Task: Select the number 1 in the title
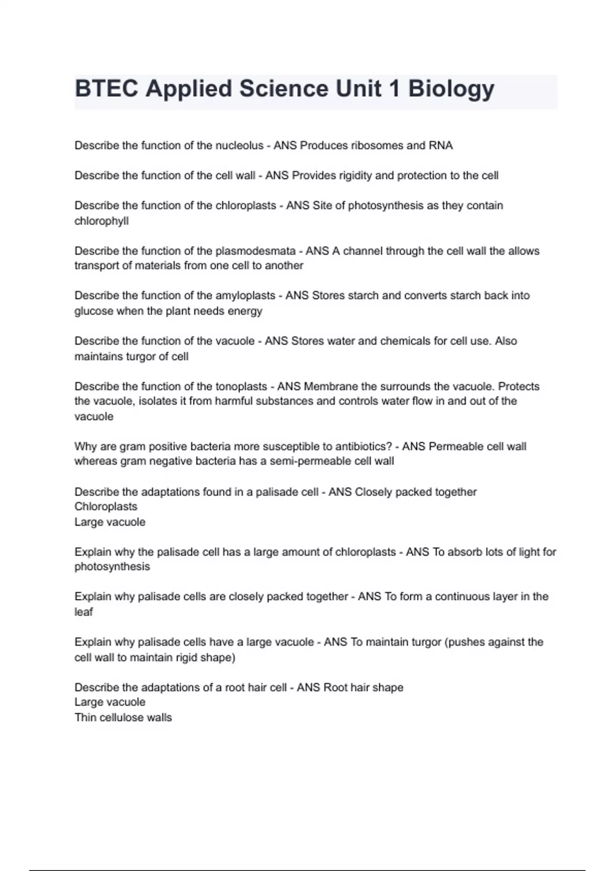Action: (394, 89)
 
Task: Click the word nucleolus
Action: (239, 146)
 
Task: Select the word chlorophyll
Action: (101, 221)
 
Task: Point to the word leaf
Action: (84, 612)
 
